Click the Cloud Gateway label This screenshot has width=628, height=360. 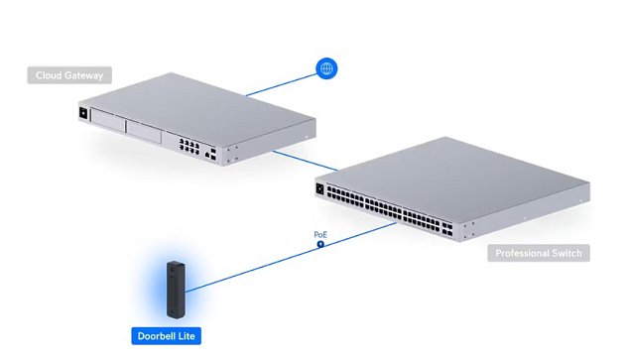pyautogui.click(x=68, y=75)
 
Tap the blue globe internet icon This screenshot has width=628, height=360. pyautogui.click(x=325, y=68)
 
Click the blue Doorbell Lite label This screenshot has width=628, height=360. pyautogui.click(x=166, y=337)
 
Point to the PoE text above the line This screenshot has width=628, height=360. pyautogui.click(x=320, y=235)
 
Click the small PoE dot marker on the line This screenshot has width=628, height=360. pyautogui.click(x=320, y=244)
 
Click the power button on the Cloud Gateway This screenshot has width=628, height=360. pyautogui.click(x=82, y=114)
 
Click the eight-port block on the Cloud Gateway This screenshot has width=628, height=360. pyautogui.click(x=187, y=148)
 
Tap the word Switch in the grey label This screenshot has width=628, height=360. pyautogui.click(x=564, y=254)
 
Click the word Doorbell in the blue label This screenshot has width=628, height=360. pyautogui.click(x=156, y=337)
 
